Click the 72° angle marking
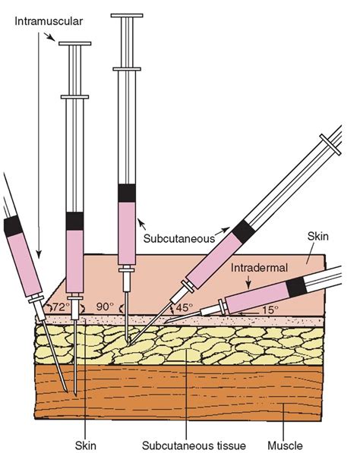click(59, 307)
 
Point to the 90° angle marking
click(104, 307)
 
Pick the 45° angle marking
click(184, 308)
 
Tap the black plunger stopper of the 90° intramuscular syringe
click(74, 221)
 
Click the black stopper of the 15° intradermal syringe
click(295, 286)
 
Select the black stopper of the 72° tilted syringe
click(13, 225)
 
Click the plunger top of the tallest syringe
click(126, 15)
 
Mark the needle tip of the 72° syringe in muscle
click(68, 391)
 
